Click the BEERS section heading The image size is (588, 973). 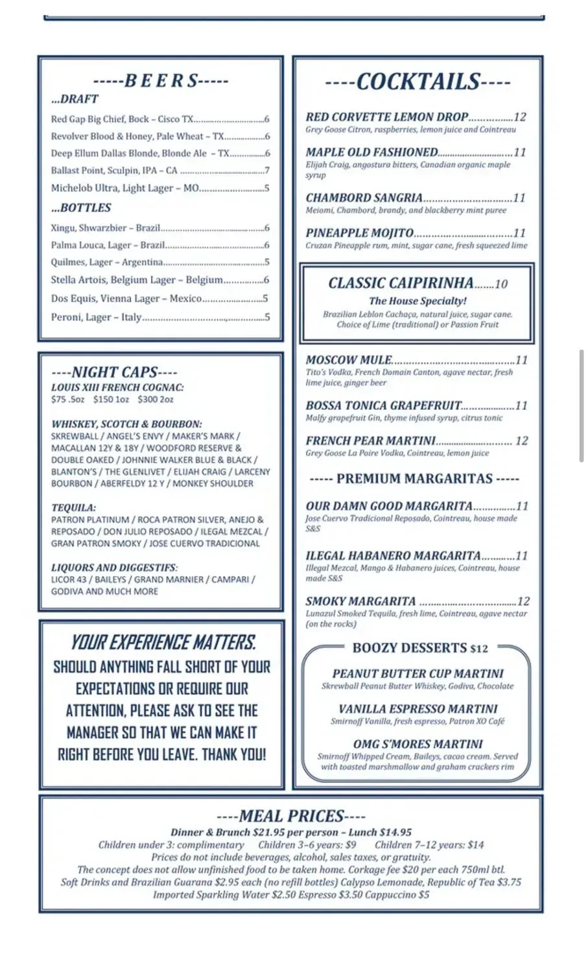pyautogui.click(x=161, y=81)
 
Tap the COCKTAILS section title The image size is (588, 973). pyautogui.click(x=417, y=82)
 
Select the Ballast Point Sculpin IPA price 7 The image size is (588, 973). pyautogui.click(x=267, y=171)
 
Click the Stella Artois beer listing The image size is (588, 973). pyautogui.click(x=136, y=280)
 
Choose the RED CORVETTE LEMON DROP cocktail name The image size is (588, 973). pyautogui.click(x=386, y=117)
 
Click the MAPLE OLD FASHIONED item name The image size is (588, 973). pyautogui.click(x=371, y=152)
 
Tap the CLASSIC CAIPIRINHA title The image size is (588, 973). pyautogui.click(x=401, y=283)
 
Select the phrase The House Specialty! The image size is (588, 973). pyautogui.click(x=417, y=301)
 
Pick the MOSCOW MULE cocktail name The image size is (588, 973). pyautogui.click(x=349, y=360)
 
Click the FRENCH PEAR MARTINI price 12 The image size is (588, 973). pyautogui.click(x=521, y=441)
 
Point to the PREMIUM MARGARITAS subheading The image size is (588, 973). pyautogui.click(x=414, y=479)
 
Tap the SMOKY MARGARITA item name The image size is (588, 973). pyautogui.click(x=360, y=601)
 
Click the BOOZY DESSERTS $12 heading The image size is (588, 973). pyautogui.click(x=420, y=648)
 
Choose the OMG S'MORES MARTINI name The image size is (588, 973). pyautogui.click(x=417, y=744)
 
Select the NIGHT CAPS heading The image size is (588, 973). pyautogui.click(x=114, y=372)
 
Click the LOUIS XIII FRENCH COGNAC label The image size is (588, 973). pyautogui.click(x=117, y=387)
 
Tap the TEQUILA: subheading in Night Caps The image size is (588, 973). pyautogui.click(x=73, y=508)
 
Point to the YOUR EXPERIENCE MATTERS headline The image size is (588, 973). pyautogui.click(x=162, y=643)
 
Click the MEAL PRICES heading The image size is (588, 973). pyautogui.click(x=290, y=816)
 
